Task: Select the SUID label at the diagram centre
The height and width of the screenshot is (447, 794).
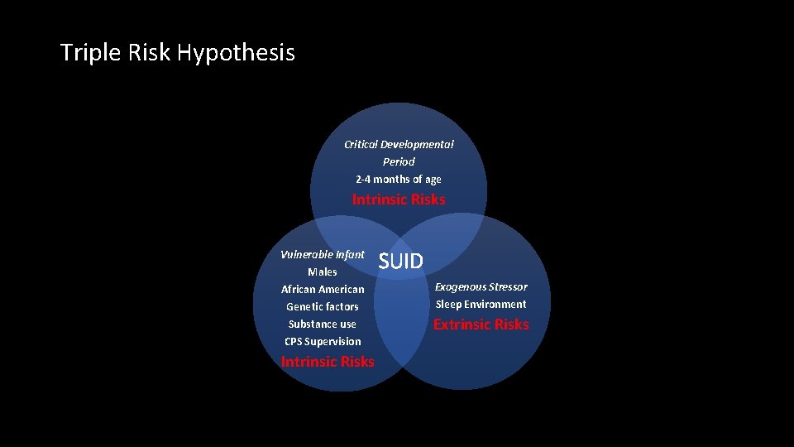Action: pyautogui.click(x=401, y=262)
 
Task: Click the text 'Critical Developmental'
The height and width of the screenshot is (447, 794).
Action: pyautogui.click(x=399, y=144)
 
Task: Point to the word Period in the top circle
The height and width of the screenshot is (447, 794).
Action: pyautogui.click(x=399, y=161)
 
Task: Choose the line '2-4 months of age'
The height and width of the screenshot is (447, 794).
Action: pyautogui.click(x=399, y=179)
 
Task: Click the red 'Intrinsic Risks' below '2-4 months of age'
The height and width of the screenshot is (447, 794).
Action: pyautogui.click(x=399, y=199)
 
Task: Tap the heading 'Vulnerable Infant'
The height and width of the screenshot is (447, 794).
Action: pyautogui.click(x=323, y=254)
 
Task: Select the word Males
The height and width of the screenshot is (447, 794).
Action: pyautogui.click(x=323, y=272)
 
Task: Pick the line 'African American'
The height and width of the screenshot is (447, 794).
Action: pyautogui.click(x=323, y=289)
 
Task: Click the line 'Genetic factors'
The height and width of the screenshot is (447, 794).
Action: pyautogui.click(x=323, y=306)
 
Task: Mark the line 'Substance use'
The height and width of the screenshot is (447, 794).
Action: pyautogui.click(x=323, y=324)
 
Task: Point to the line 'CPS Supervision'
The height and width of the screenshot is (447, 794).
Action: pyautogui.click(x=323, y=341)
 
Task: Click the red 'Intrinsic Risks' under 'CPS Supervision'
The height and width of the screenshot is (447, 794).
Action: pyautogui.click(x=328, y=362)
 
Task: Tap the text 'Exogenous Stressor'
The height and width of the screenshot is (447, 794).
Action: pyautogui.click(x=481, y=286)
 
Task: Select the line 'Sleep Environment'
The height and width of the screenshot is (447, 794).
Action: pyautogui.click(x=481, y=304)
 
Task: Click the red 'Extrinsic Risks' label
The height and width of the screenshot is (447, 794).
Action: pyautogui.click(x=481, y=324)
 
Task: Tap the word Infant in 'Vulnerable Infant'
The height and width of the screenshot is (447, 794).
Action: pyautogui.click(x=348, y=254)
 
